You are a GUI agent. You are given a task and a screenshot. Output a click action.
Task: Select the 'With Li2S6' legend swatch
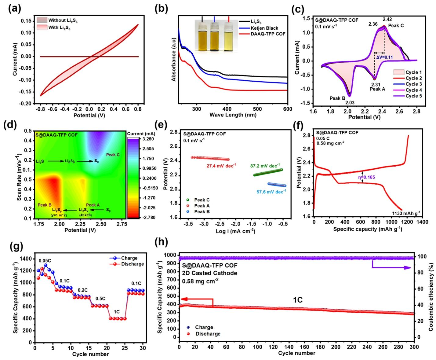(x=42, y=28)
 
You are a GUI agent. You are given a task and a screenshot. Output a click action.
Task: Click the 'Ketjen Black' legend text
(x=264, y=28)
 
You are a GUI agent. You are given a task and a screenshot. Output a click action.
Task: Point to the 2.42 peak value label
(x=387, y=20)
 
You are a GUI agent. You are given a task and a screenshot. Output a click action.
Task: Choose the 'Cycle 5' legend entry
(x=408, y=96)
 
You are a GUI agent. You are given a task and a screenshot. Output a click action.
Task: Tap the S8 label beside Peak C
(x=96, y=161)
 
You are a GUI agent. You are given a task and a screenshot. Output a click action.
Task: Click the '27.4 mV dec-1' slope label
(x=221, y=166)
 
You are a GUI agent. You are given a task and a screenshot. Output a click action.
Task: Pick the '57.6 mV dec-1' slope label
(x=271, y=192)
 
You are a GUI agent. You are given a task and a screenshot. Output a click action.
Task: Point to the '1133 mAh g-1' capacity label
(x=406, y=213)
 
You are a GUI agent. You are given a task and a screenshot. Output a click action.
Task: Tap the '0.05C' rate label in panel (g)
(x=45, y=261)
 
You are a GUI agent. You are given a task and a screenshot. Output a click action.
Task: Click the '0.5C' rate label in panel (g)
(x=100, y=298)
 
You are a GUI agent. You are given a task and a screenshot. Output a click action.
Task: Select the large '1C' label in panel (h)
(x=298, y=300)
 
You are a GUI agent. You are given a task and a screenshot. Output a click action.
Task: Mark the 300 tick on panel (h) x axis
(x=414, y=347)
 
